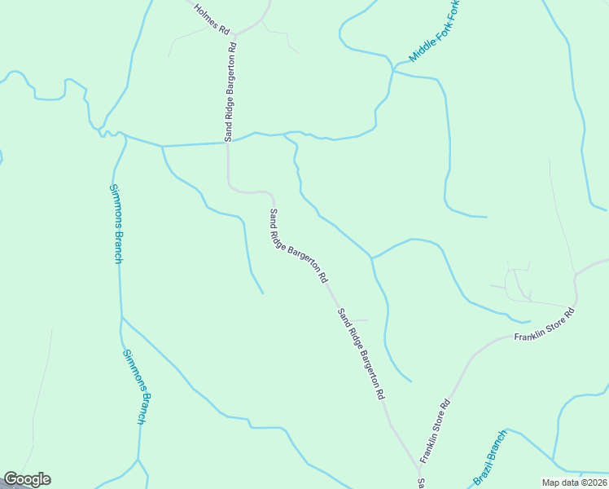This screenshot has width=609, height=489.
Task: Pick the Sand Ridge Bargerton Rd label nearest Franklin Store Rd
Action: pyautogui.click(x=361, y=353)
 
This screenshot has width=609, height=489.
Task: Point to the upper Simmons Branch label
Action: pyautogui.click(x=116, y=223)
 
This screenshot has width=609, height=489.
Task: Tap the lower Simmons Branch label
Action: pyautogui.click(x=135, y=386)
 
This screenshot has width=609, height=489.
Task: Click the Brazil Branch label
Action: pyautogui.click(x=489, y=457)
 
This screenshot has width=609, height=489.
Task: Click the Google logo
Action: pyautogui.click(x=27, y=479)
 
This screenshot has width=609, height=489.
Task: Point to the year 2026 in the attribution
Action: pyautogui.click(x=594, y=482)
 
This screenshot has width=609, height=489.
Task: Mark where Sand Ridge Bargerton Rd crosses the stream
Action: pyautogui.click(x=226, y=143)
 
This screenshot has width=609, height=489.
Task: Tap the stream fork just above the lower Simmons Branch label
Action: pyautogui.click(x=121, y=317)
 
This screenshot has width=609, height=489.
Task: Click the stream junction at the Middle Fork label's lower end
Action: pyautogui.click(x=394, y=71)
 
